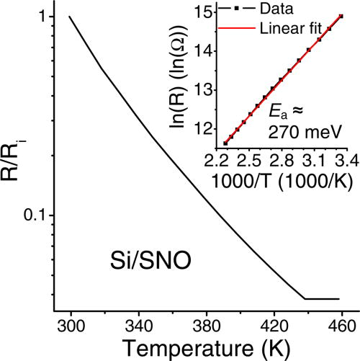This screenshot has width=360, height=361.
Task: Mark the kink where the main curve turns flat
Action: tap(305, 298)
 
